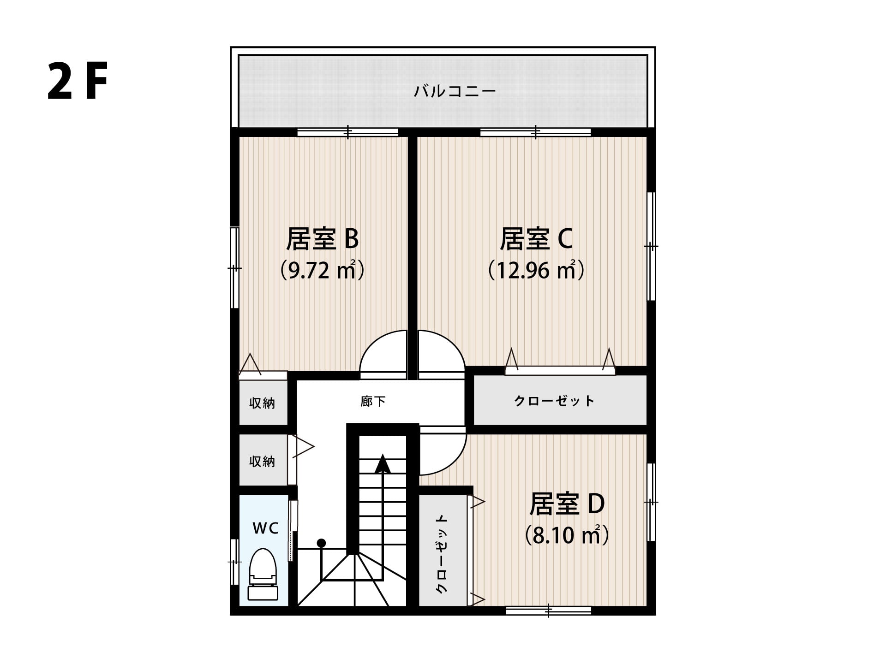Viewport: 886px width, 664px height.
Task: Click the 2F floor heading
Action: pyautogui.click(x=78, y=82)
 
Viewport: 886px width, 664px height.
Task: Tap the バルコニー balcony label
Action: pyautogui.click(x=455, y=91)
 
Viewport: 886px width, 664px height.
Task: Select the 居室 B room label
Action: pyautogui.click(x=322, y=239)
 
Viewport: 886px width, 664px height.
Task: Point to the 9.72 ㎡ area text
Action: pyautogui.click(x=323, y=270)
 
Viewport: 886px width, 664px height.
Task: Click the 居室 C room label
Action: pyautogui.click(x=536, y=239)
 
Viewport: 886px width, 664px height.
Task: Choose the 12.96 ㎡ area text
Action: pyautogui.click(x=537, y=270)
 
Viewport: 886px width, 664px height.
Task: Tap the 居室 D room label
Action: pyautogui.click(x=567, y=504)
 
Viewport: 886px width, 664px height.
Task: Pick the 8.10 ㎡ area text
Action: pyautogui.click(x=567, y=535)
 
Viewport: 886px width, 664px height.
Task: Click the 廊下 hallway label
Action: pyautogui.click(x=373, y=402)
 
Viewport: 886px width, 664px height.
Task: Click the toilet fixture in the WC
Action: pyautogui.click(x=263, y=575)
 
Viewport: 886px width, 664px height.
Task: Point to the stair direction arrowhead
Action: pyautogui.click(x=383, y=464)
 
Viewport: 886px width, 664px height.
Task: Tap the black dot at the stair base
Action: pyautogui.click(x=322, y=543)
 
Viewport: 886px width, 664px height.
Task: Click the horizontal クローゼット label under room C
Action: pyautogui.click(x=554, y=401)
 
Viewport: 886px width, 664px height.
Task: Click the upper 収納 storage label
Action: pyautogui.click(x=262, y=403)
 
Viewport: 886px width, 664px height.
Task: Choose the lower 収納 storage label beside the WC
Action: pyautogui.click(x=262, y=461)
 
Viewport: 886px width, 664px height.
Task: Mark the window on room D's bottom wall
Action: pyautogui.click(x=548, y=611)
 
